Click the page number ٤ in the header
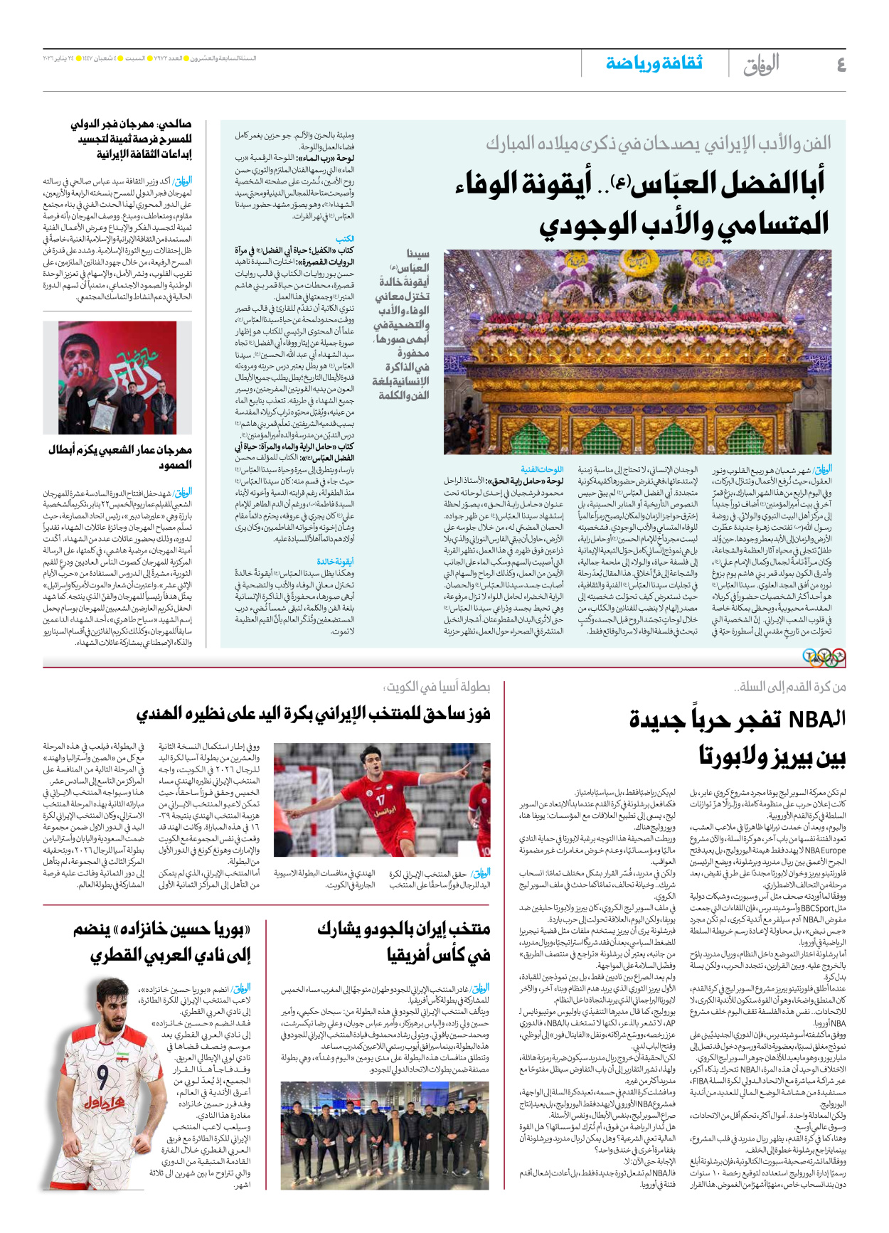coord(840,65)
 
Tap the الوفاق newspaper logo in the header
coord(761,65)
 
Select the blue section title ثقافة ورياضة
coord(654,63)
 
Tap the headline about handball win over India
coord(313,714)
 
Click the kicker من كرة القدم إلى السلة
coord(790,687)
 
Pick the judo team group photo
coord(385,1126)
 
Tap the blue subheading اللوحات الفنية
coord(542,470)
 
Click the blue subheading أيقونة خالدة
coord(335,562)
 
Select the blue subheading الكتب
coord(345,239)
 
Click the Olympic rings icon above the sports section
coord(824,657)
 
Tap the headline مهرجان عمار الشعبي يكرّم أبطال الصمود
coord(121,457)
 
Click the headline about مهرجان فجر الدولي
coord(132,139)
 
